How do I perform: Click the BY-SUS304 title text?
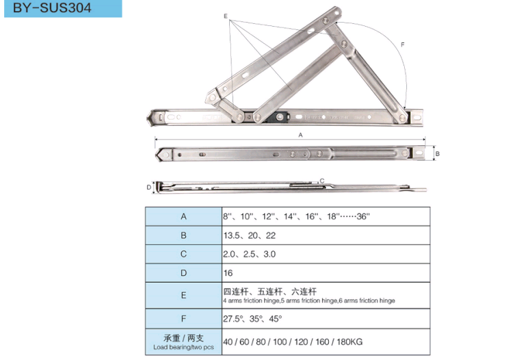pyautogui.click(x=52, y=8)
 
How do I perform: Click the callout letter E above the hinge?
pyautogui.click(x=226, y=16)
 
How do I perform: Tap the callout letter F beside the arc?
pyautogui.click(x=403, y=44)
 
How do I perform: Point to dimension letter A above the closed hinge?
pyautogui.click(x=300, y=135)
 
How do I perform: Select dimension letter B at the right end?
pyautogui.click(x=438, y=153)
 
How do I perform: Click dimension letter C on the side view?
pyautogui.click(x=322, y=181)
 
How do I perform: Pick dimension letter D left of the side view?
pyautogui.click(x=148, y=188)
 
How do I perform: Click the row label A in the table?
pyautogui.click(x=184, y=216)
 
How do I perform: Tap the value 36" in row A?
pyautogui.click(x=363, y=216)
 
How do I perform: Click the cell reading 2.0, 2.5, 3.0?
pyautogui.click(x=250, y=254)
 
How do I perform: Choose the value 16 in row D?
pyautogui.click(x=228, y=273)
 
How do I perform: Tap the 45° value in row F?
pyautogui.click(x=276, y=319)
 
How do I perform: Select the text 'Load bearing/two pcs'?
pyautogui.click(x=183, y=347)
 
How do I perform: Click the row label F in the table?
pyautogui.click(x=184, y=319)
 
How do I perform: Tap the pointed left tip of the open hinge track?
pyautogui.click(x=147, y=117)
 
